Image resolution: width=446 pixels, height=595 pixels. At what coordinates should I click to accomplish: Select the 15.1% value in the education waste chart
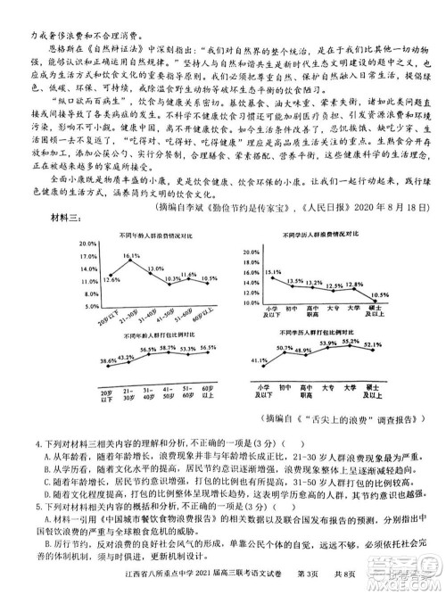[x=272, y=271]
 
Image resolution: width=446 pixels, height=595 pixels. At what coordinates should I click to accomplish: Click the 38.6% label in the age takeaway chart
[x=108, y=361]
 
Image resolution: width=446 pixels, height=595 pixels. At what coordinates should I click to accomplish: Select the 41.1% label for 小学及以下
[x=260, y=360]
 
